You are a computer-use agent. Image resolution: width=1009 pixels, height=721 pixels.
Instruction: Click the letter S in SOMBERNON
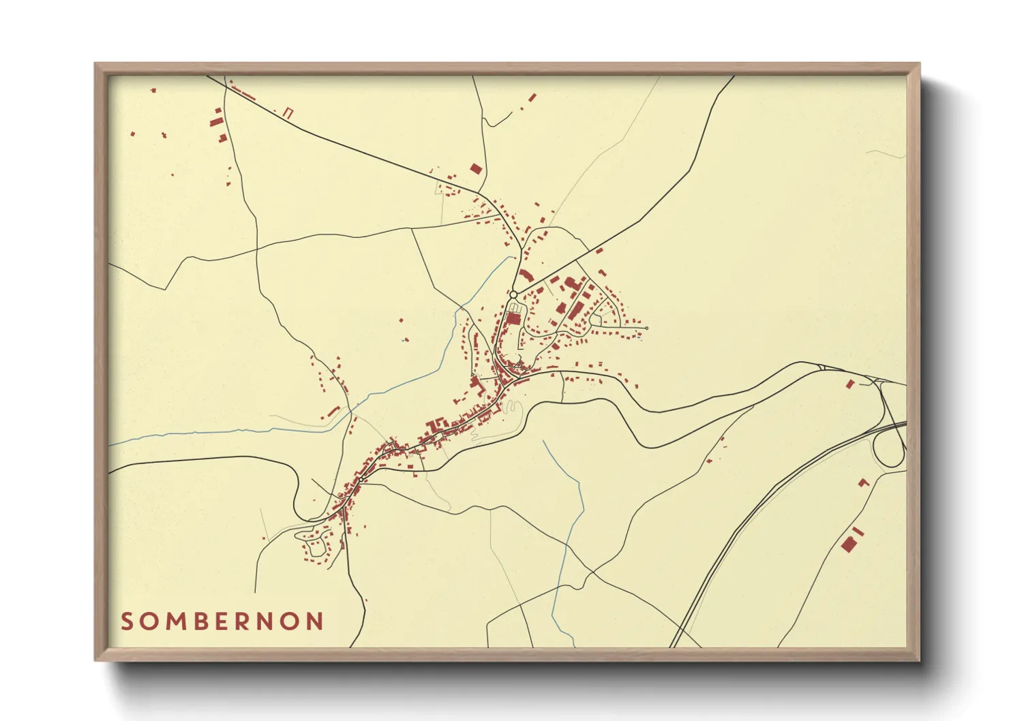[127, 622]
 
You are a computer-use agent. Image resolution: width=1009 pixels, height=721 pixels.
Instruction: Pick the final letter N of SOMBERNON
[314, 622]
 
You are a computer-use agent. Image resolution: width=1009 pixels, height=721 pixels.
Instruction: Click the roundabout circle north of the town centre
[513, 294]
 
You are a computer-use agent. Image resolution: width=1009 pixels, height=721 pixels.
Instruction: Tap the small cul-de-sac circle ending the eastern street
[646, 328]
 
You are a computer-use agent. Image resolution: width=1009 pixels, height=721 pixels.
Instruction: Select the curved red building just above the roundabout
[526, 275]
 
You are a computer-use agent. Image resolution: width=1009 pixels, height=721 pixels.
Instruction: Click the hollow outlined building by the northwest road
[288, 113]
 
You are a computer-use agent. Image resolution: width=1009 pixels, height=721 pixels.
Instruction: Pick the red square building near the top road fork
[476, 168]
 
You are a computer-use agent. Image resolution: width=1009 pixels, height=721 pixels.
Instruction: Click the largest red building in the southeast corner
[849, 544]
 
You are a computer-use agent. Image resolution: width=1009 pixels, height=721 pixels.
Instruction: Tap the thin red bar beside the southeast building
[858, 531]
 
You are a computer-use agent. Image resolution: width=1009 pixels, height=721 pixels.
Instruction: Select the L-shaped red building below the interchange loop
[864, 482]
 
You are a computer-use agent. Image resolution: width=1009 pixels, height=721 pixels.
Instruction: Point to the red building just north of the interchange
[849, 384]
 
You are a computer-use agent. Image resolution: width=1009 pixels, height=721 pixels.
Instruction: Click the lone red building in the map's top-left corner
[153, 90]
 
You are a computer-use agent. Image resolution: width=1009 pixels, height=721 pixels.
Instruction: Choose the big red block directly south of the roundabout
[513, 318]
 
